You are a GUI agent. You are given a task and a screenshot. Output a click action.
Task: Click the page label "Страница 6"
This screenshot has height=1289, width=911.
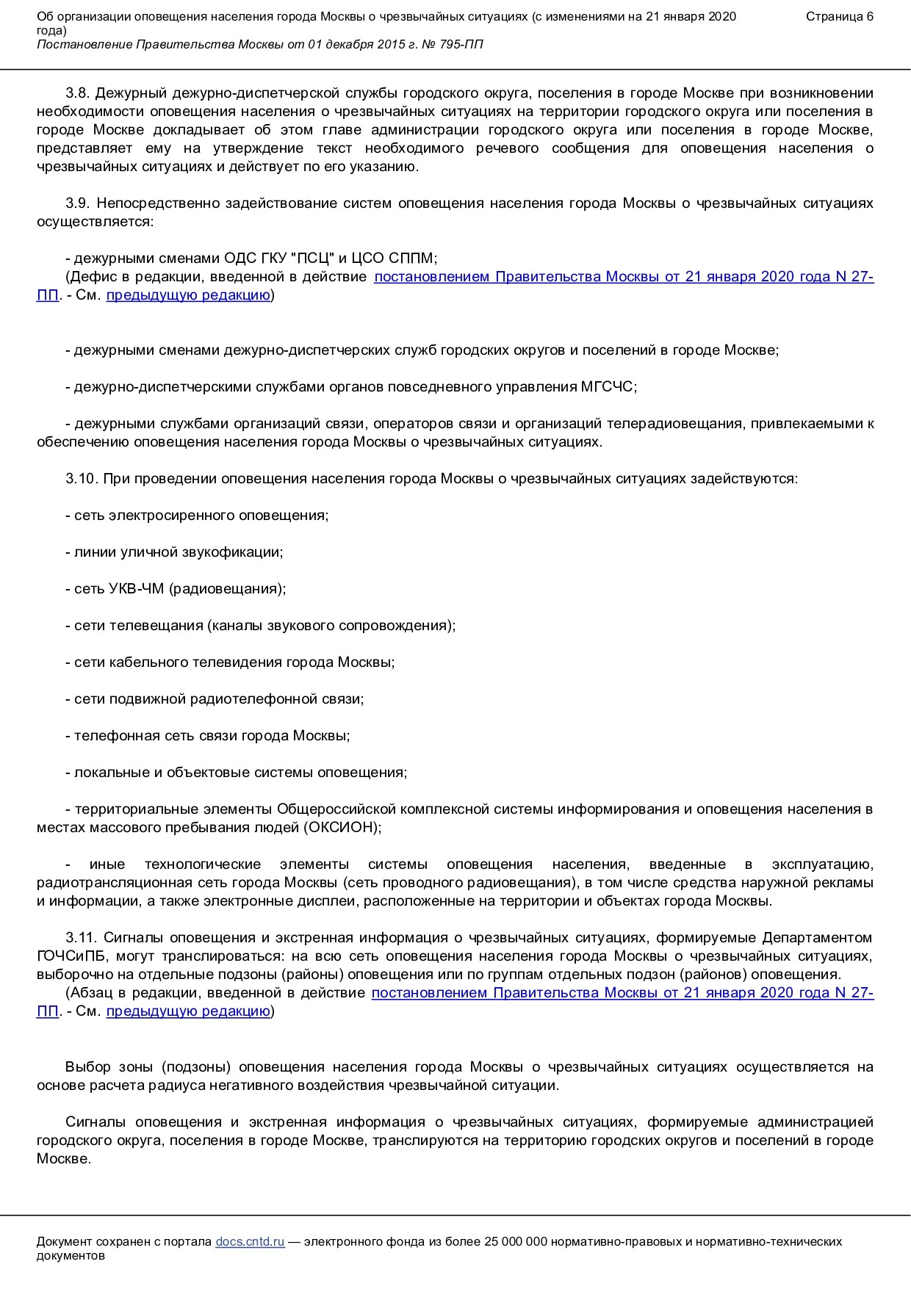click(839, 17)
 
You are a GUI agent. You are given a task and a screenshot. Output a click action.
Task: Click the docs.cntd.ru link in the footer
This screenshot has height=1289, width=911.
click(250, 1241)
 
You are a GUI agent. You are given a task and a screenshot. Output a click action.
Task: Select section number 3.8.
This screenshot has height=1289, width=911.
click(77, 93)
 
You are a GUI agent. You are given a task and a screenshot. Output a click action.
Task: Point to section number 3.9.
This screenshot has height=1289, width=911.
click(77, 203)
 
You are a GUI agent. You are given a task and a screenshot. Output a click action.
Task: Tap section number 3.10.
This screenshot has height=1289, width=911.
click(81, 479)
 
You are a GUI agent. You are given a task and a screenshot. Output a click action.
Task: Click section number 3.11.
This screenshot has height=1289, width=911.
click(81, 938)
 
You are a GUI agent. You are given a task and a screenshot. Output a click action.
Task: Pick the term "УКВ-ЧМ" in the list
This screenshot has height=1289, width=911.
click(136, 589)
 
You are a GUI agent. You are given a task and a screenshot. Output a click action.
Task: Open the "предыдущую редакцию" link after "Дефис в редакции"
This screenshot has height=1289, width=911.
click(188, 295)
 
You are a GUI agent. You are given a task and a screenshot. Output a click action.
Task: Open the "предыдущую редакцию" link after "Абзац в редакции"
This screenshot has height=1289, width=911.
click(188, 1011)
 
